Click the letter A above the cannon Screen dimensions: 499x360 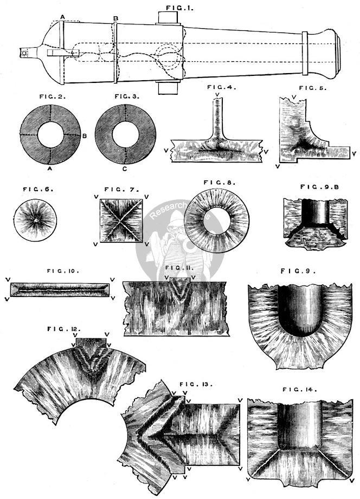click(x=63, y=17)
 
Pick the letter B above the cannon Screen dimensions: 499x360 click(x=115, y=18)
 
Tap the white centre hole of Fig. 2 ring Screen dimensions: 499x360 click(x=50, y=133)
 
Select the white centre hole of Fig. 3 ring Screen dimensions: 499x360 click(x=125, y=133)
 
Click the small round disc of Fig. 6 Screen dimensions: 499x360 click(x=35, y=221)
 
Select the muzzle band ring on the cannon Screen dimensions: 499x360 click(x=305, y=52)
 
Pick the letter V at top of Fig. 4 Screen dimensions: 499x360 click(x=217, y=95)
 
